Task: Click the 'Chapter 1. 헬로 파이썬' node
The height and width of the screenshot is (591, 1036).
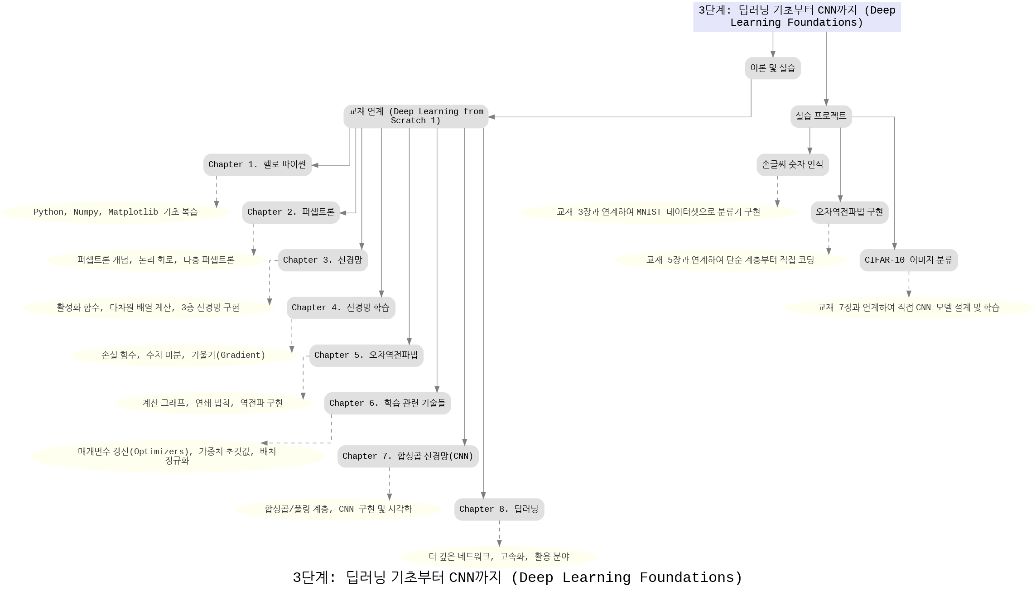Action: pos(257,165)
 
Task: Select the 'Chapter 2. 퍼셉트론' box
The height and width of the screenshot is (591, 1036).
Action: pos(290,212)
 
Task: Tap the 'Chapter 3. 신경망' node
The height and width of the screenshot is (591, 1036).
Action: pos(323,260)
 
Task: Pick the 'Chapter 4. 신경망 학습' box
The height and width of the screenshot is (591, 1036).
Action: pos(341,308)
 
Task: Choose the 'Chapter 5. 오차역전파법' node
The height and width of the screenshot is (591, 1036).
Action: pos(366,356)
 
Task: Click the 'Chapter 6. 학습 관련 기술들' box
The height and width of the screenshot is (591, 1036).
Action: pos(387,404)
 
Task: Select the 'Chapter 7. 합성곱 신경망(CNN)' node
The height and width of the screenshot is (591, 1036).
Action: pos(408,456)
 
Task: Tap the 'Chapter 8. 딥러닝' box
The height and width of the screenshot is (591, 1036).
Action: pos(499,509)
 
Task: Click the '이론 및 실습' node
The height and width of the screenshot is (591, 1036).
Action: pos(773,68)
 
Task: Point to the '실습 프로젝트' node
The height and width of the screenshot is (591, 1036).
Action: pos(821,116)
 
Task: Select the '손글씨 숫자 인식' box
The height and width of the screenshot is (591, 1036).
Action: pos(792,165)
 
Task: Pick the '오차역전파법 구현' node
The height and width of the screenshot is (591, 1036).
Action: pos(849,212)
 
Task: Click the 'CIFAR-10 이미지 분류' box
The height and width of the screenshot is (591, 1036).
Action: pos(908,260)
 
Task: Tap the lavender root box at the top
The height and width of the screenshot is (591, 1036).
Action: pos(797,17)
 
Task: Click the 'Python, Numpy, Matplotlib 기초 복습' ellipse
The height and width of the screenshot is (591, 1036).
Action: pos(116,212)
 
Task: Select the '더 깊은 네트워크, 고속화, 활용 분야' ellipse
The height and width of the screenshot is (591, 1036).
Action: pos(499,557)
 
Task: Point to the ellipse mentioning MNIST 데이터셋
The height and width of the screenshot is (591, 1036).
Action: pos(658,212)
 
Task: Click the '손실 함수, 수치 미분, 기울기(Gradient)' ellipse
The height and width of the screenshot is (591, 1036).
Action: pos(183,356)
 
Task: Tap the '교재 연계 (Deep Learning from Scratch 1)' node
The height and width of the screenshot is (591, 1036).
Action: pos(415,116)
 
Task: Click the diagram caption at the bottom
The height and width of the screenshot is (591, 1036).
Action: pos(517,578)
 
